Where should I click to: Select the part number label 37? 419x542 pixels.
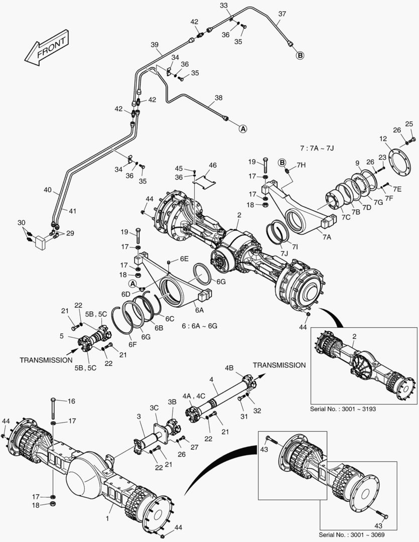point(283,14)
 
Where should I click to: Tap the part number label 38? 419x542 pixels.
point(218,98)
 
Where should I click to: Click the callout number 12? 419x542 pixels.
point(382,139)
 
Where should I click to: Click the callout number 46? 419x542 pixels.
point(213,165)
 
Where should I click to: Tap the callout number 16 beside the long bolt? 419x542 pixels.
point(71,401)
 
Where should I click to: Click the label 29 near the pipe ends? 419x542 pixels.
point(70,233)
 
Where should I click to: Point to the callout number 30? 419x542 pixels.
point(21,222)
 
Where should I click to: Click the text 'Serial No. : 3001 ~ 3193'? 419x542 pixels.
point(343,409)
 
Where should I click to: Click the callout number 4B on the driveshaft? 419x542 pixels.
point(229,368)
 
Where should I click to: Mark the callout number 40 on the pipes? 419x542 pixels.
point(47,190)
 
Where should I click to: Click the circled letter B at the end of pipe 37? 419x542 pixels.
point(300,56)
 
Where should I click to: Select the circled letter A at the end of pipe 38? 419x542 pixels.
point(242,128)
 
